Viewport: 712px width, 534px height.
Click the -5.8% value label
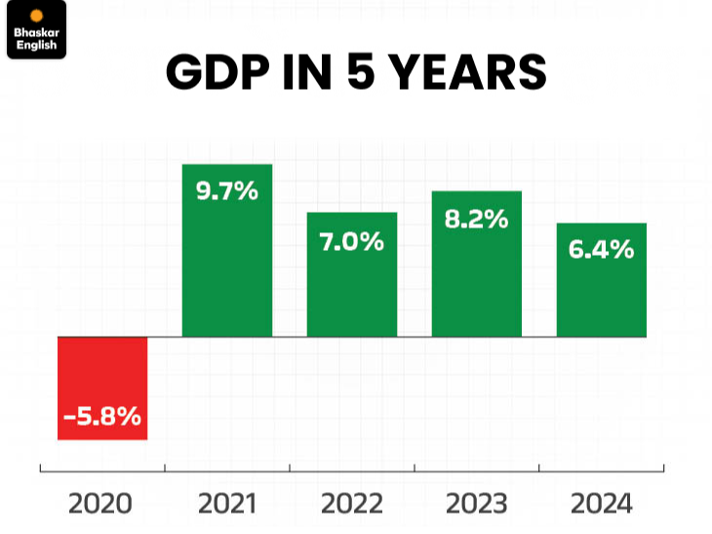102,417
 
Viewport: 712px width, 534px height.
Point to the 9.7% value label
227,191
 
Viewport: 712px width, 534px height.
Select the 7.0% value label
352,241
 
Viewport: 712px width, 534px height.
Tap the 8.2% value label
477,219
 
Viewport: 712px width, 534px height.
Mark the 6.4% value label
602,250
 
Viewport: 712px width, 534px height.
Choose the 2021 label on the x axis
227,504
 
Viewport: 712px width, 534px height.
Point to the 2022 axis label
352,504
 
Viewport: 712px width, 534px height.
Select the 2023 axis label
477,504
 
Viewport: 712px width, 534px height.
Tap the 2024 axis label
602,504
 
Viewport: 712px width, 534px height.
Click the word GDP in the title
212,73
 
